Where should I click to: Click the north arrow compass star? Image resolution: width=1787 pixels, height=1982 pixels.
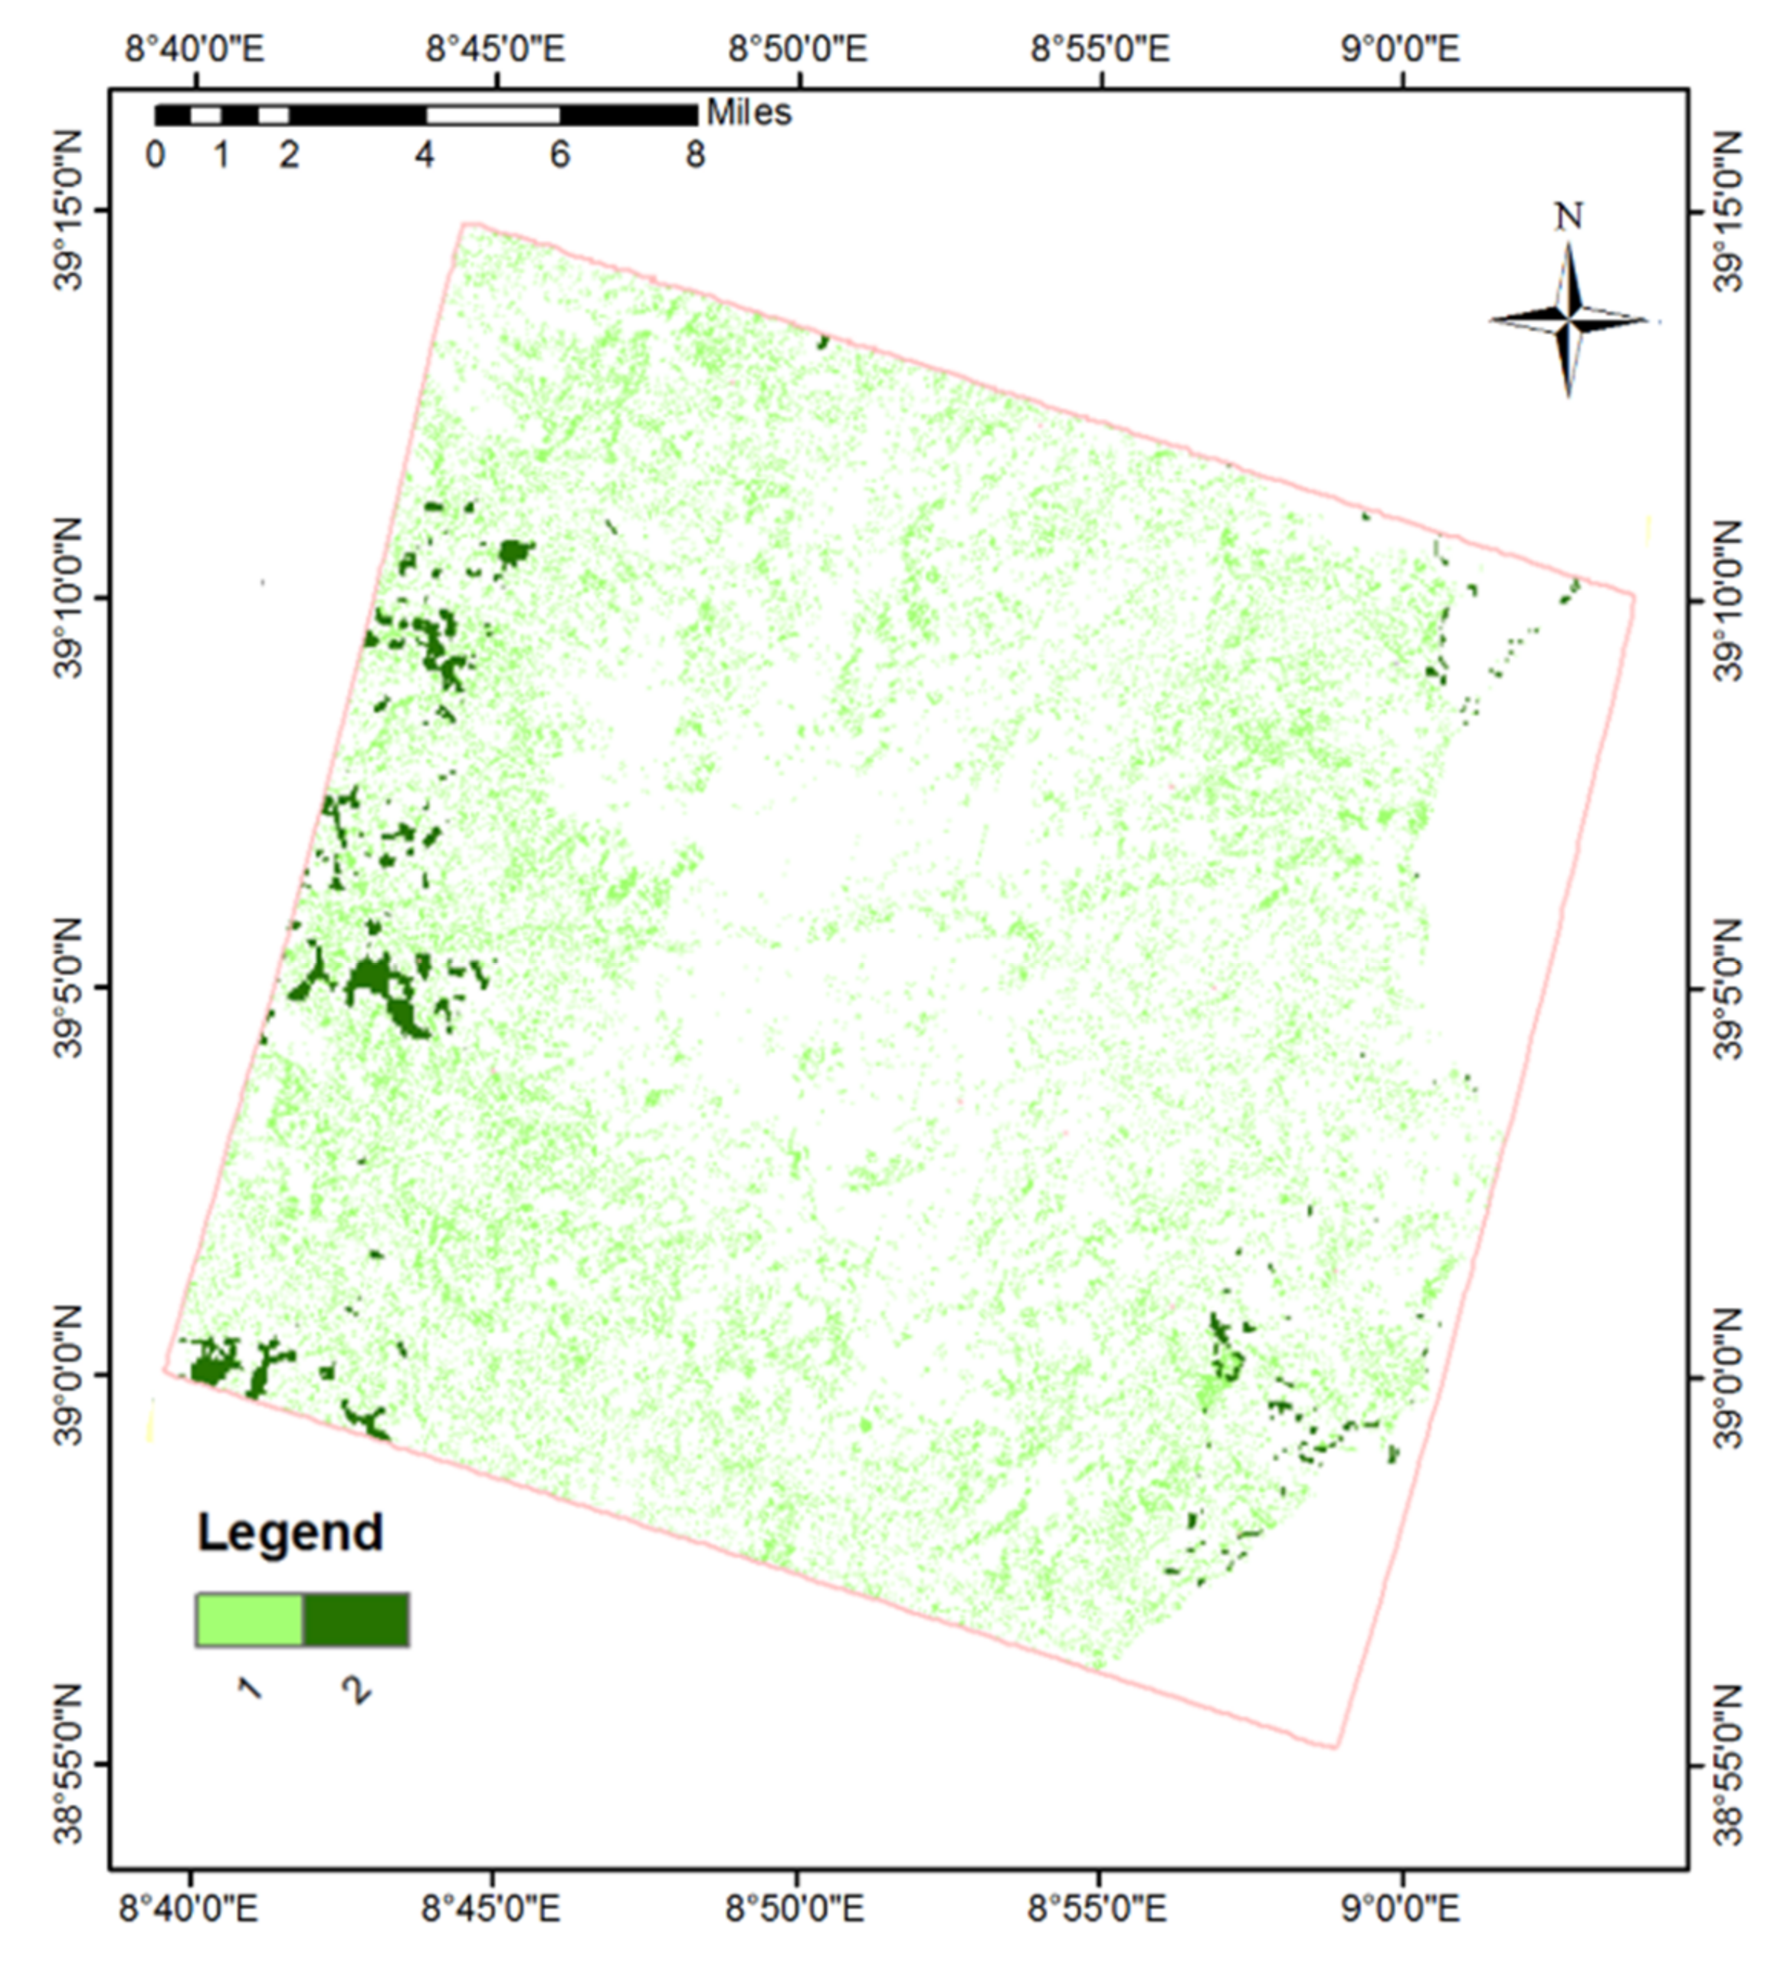pyautogui.click(x=1569, y=320)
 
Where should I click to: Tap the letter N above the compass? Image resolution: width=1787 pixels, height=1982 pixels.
pyautogui.click(x=1569, y=216)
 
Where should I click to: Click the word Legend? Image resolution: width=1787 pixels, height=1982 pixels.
pyautogui.click(x=290, y=1532)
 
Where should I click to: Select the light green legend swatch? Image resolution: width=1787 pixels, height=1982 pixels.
pyautogui.click(x=249, y=1619)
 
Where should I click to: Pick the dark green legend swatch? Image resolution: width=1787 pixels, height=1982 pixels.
pyautogui.click(x=356, y=1619)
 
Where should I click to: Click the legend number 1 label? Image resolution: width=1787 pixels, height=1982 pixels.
pyautogui.click(x=249, y=1688)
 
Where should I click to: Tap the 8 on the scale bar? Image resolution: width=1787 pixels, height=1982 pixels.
pyautogui.click(x=695, y=155)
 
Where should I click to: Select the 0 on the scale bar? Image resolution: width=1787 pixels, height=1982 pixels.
pyautogui.click(x=155, y=155)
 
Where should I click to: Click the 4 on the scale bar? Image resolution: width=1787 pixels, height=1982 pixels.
pyautogui.click(x=425, y=155)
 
